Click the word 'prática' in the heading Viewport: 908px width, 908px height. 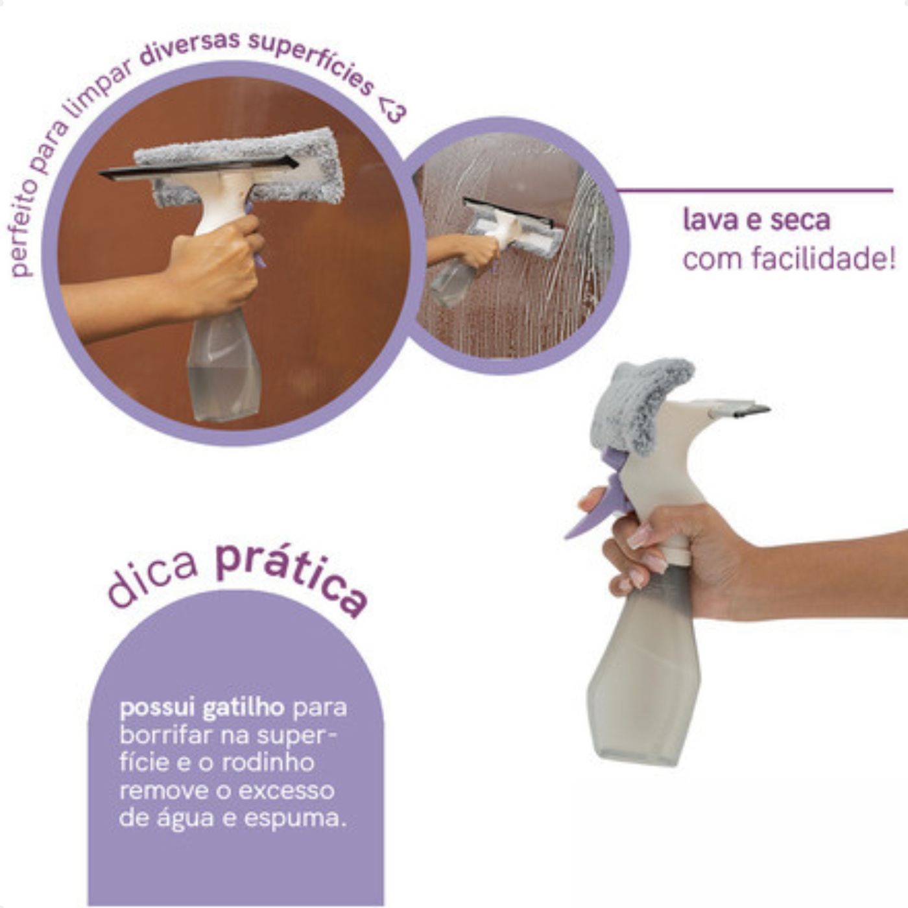click(x=292, y=577)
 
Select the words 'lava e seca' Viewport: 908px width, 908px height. click(x=756, y=221)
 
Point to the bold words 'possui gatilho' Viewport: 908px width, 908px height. click(x=202, y=708)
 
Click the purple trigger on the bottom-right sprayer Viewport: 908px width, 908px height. click(x=597, y=512)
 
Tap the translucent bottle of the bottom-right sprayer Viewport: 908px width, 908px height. click(x=642, y=681)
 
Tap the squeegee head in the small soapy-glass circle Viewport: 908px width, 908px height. click(x=512, y=227)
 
